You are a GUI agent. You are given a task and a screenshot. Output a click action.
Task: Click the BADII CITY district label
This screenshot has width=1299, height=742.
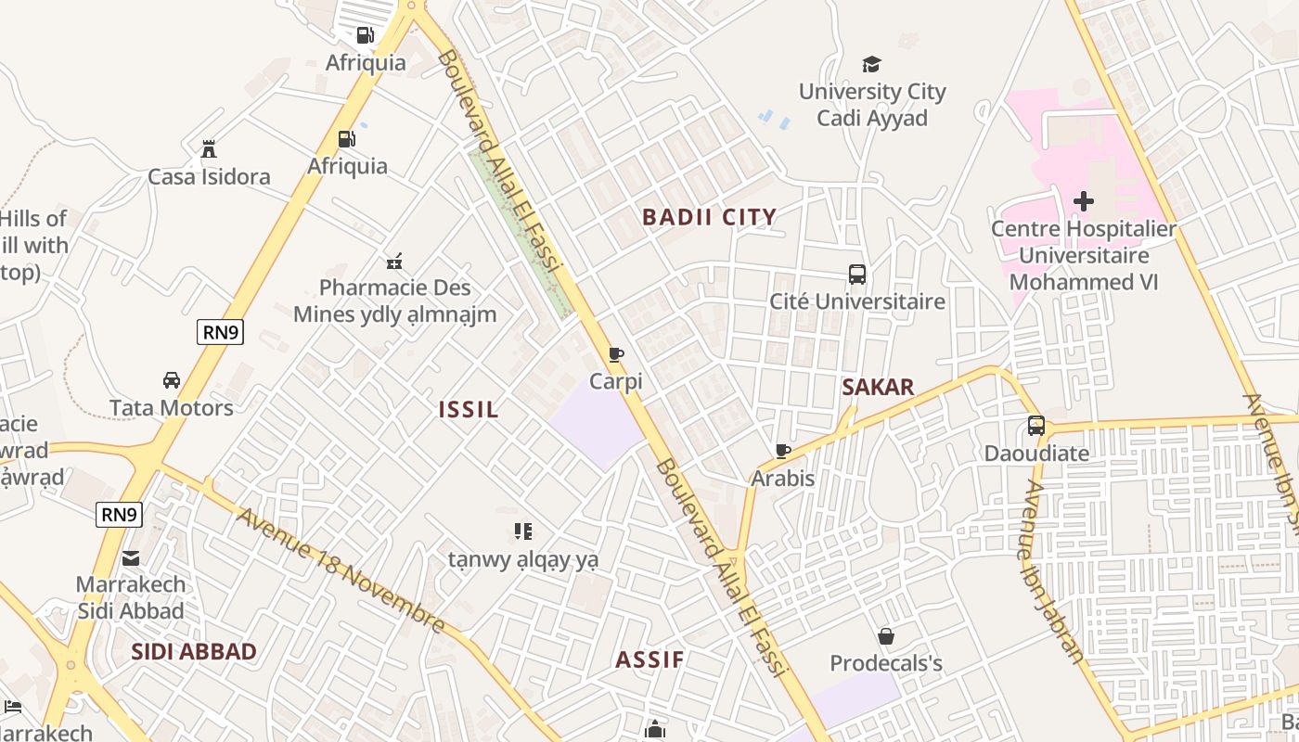pyautogui.click(x=710, y=217)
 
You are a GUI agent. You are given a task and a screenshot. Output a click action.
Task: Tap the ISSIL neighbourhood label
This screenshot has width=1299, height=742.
pyautogui.click(x=469, y=409)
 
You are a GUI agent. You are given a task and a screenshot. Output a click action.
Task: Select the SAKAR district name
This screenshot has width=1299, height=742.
pyautogui.click(x=878, y=387)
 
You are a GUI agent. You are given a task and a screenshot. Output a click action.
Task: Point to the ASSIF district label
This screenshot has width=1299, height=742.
pyautogui.click(x=649, y=660)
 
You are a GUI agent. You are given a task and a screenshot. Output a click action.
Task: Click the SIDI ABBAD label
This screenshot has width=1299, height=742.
pyautogui.click(x=193, y=651)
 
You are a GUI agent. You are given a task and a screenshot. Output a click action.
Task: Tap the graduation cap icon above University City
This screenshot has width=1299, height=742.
pyautogui.click(x=871, y=64)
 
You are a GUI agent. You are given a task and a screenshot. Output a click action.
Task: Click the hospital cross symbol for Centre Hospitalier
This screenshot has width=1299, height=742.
pyautogui.click(x=1083, y=200)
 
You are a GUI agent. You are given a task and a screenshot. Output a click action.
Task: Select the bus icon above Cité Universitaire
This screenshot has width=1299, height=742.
pyautogui.click(x=857, y=275)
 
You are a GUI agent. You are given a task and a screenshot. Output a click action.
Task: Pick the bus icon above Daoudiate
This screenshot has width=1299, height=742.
pyautogui.click(x=1036, y=426)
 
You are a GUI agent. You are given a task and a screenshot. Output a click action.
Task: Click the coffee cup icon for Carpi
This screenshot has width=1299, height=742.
pyautogui.click(x=615, y=354)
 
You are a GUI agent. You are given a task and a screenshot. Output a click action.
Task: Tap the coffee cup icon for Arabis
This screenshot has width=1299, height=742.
pyautogui.click(x=783, y=451)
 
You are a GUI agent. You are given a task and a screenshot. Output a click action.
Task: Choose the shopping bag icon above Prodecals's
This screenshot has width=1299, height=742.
pyautogui.click(x=886, y=636)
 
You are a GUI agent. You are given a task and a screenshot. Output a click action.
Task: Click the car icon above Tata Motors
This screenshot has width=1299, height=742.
pyautogui.click(x=172, y=380)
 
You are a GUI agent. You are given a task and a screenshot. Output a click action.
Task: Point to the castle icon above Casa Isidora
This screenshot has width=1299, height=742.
pyautogui.click(x=209, y=149)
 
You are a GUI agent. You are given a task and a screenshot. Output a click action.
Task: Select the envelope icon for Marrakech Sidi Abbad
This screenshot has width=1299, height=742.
pyautogui.click(x=131, y=557)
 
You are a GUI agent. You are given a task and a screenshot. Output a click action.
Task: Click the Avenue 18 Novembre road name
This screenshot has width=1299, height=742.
pyautogui.click(x=341, y=570)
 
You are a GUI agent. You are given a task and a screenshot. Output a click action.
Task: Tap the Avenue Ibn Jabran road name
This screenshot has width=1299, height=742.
pyautogui.click(x=1052, y=571)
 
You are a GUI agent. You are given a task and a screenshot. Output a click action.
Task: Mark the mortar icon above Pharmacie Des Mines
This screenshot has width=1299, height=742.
pyautogui.click(x=394, y=261)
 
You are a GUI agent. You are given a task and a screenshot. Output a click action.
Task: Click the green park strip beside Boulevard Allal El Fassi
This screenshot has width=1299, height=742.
pyautogui.click(x=520, y=232)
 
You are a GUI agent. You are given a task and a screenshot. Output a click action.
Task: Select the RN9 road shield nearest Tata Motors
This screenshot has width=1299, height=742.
pyautogui.click(x=220, y=332)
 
